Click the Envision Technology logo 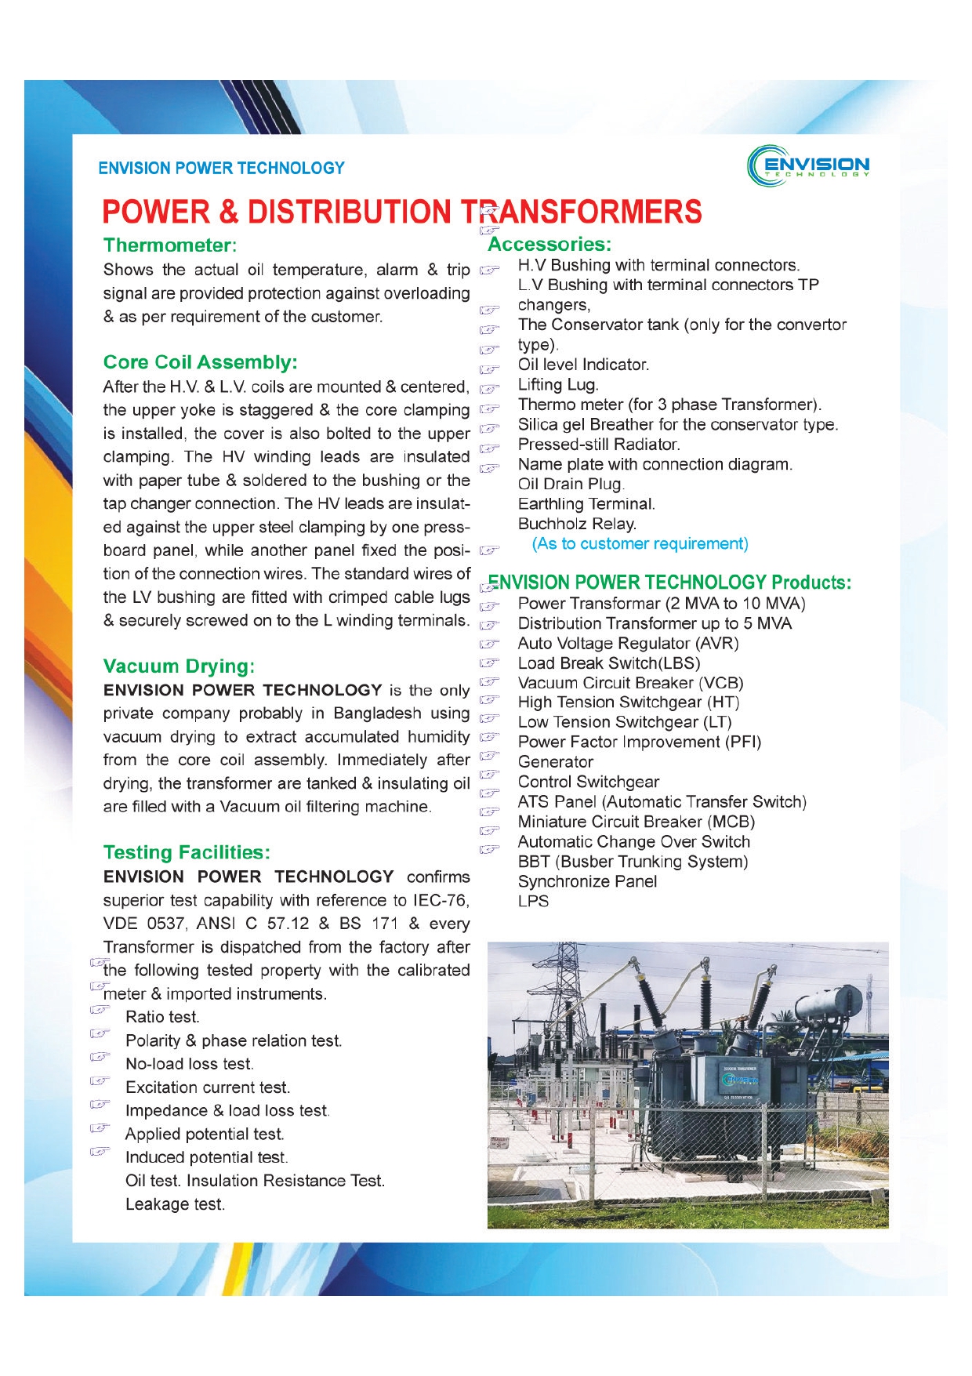coord(808,165)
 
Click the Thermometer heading coord(170,245)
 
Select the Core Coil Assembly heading coord(200,362)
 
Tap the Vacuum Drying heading coord(179,666)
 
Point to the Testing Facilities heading coord(187,852)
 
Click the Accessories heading coord(549,245)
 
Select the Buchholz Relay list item coord(577,524)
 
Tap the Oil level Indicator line coord(583,365)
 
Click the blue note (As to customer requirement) coord(640,544)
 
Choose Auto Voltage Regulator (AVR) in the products coord(628,644)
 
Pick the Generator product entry coord(555,762)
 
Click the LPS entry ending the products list coord(533,902)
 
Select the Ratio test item coord(162,1017)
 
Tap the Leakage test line coord(175,1204)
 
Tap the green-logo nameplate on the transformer coord(739,1080)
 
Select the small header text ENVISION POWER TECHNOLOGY coord(221,168)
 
